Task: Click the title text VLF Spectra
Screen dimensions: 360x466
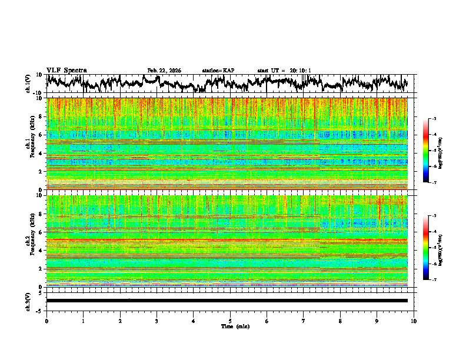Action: click(66, 70)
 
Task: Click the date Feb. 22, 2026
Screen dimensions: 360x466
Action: click(164, 71)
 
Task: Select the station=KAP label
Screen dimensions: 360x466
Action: click(218, 71)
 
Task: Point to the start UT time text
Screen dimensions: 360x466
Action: click(284, 71)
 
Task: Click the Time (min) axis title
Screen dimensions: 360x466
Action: click(230, 326)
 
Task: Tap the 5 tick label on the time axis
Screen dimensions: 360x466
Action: click(230, 321)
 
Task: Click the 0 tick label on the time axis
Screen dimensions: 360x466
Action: click(46, 321)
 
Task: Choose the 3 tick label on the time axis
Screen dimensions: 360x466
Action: click(157, 321)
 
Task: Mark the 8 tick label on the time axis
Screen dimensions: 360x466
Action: click(340, 321)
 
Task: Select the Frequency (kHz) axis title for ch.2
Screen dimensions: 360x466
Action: click(31, 241)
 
